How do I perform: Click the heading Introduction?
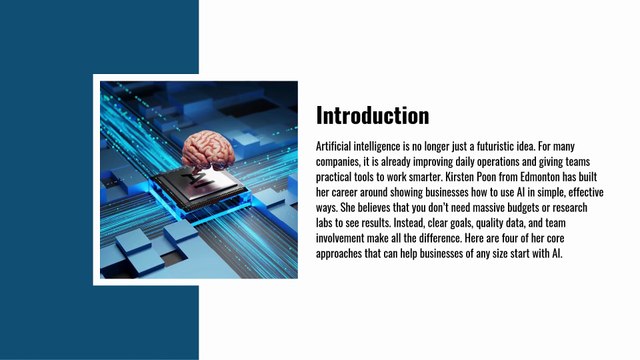tap(372, 115)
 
